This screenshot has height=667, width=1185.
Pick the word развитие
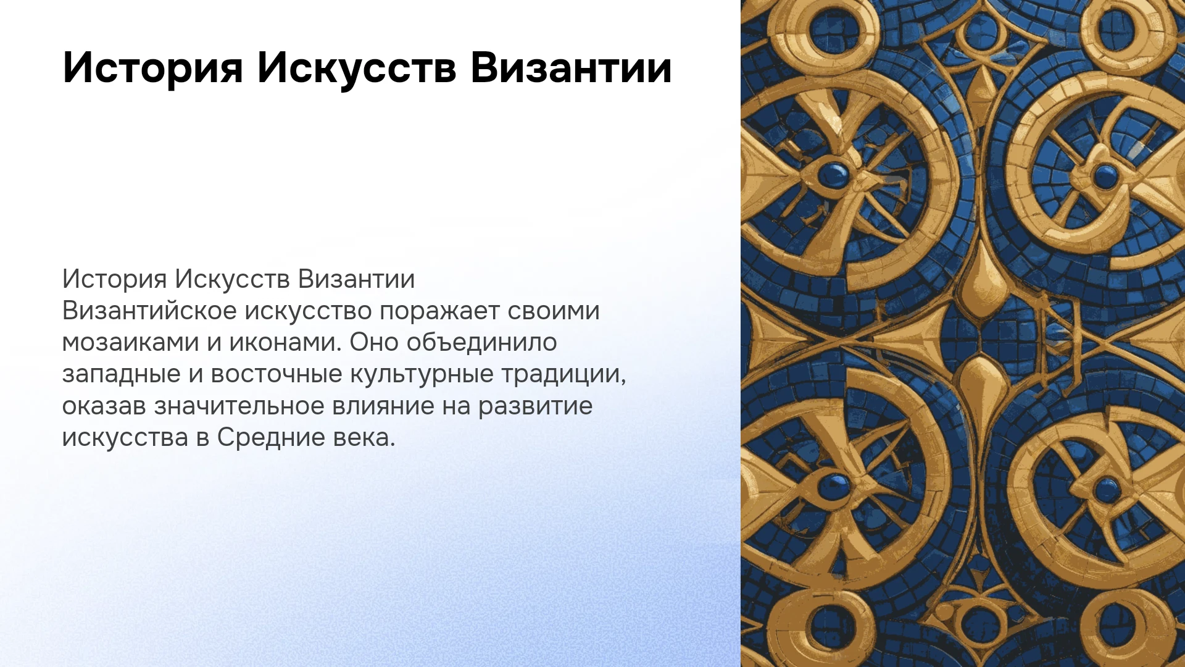pyautogui.click(x=536, y=406)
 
